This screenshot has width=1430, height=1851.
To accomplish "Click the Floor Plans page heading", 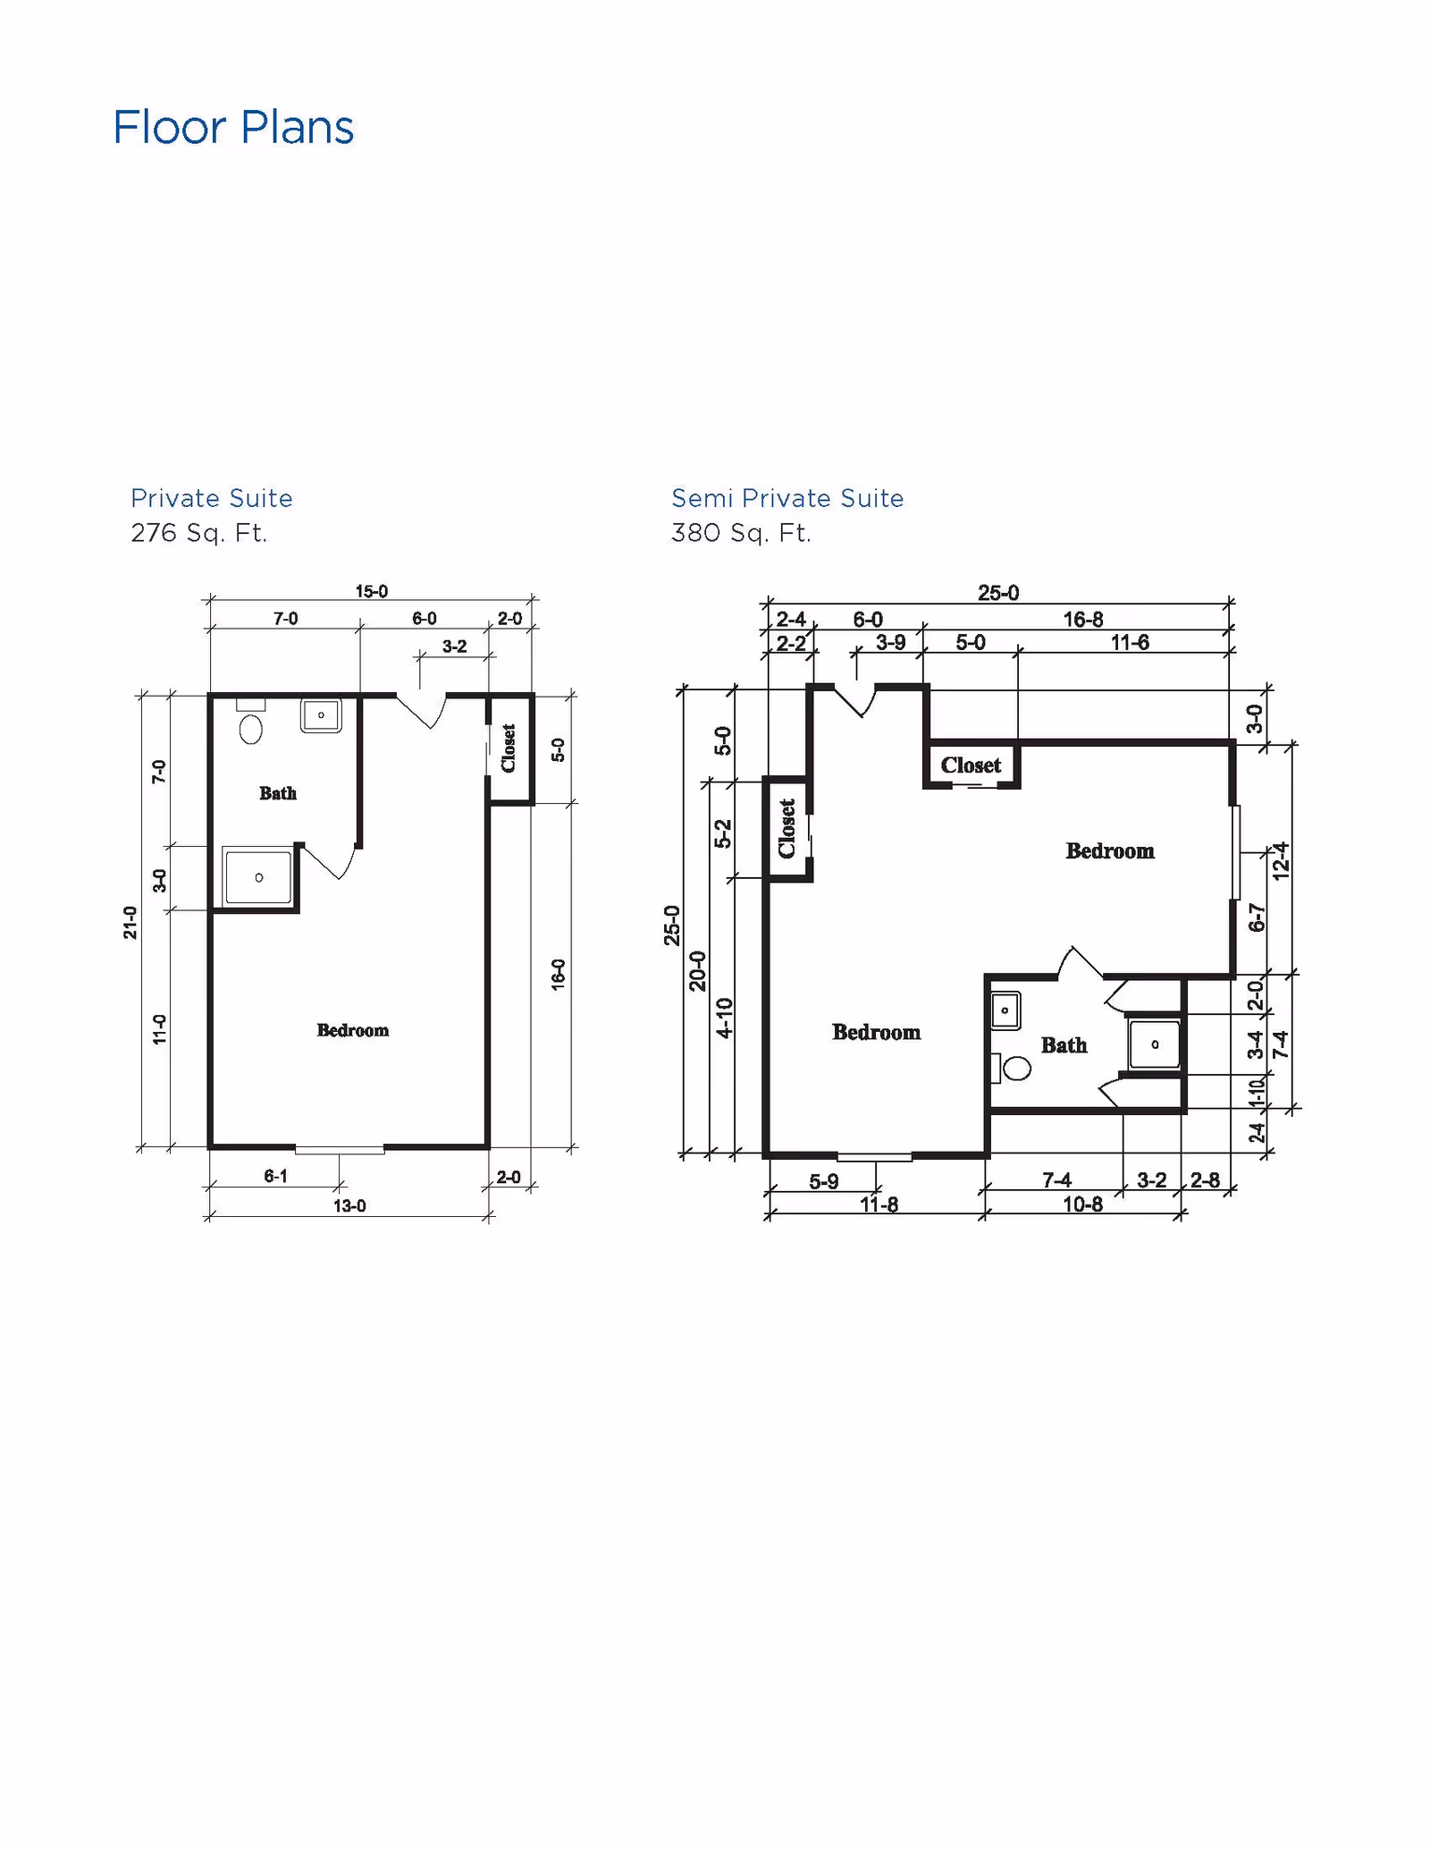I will [x=233, y=127].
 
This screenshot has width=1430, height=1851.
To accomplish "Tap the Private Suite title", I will [x=212, y=498].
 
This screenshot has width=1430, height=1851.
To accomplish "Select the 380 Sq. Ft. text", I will [x=741, y=533].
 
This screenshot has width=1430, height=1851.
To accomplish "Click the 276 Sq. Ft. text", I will [x=199, y=533].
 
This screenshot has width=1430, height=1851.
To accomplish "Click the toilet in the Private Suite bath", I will [x=251, y=727].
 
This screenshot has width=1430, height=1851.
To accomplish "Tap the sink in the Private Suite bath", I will [x=321, y=715].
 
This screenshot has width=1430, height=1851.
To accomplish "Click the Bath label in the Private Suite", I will [x=278, y=793].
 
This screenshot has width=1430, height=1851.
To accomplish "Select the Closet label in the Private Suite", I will [x=509, y=748].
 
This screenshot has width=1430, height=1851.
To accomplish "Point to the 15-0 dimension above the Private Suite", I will [x=372, y=591].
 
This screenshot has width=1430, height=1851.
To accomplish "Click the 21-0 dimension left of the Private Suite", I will [x=130, y=922].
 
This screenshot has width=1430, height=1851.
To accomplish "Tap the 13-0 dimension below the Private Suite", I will [x=349, y=1205].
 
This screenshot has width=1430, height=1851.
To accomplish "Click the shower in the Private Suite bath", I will [x=258, y=878].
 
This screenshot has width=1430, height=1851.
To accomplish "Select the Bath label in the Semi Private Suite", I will [x=1064, y=1045].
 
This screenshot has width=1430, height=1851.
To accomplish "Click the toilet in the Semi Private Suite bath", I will [x=1015, y=1068].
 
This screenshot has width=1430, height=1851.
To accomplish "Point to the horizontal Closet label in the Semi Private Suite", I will [x=971, y=765].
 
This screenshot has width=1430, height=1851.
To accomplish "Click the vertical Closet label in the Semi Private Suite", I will [x=786, y=828].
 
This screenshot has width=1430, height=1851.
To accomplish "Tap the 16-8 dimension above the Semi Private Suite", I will [x=1082, y=619].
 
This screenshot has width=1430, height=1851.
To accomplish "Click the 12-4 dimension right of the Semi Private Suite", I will [x=1281, y=861].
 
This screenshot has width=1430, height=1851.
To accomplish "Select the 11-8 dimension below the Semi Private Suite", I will [x=879, y=1204].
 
